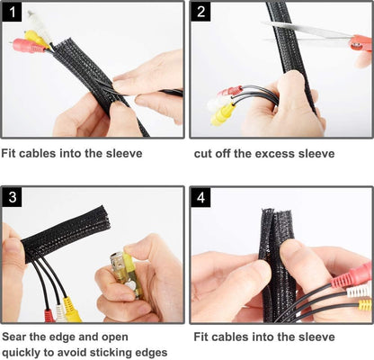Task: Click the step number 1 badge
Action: point(13,13)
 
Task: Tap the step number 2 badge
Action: point(203,13)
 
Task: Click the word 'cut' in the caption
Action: point(204,154)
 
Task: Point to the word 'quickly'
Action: point(26,353)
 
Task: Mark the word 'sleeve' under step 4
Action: point(312,337)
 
